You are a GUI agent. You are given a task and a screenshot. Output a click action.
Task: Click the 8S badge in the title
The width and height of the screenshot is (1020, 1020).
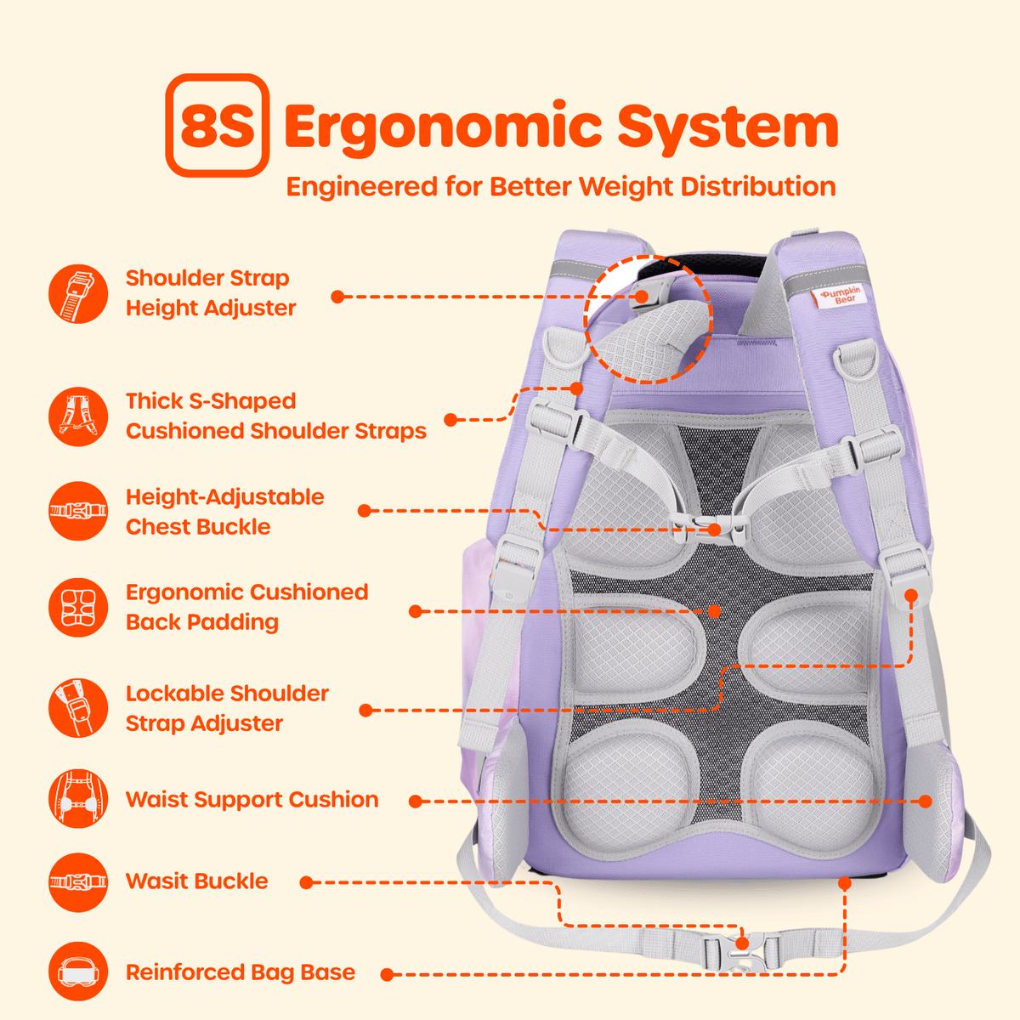pyautogui.click(x=217, y=126)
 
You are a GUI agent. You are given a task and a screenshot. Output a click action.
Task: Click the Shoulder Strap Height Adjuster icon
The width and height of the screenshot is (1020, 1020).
pyautogui.click(x=78, y=294)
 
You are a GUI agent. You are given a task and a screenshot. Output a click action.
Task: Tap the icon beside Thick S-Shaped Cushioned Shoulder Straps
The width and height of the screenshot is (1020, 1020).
pyautogui.click(x=78, y=416)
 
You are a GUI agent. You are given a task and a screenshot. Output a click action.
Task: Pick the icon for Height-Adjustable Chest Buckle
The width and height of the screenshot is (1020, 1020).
pyautogui.click(x=78, y=511)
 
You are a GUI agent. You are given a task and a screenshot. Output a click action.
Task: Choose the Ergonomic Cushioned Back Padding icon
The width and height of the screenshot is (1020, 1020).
pyautogui.click(x=78, y=607)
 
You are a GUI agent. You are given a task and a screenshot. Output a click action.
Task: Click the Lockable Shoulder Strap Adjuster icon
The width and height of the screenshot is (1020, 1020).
pyautogui.click(x=78, y=708)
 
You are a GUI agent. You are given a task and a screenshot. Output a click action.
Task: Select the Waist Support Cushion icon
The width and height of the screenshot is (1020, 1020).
pyautogui.click(x=78, y=799)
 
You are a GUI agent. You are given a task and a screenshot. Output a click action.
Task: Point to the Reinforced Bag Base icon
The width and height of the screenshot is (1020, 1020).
pyautogui.click(x=78, y=972)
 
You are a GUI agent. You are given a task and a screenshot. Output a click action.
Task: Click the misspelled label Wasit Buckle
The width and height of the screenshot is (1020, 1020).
pyautogui.click(x=197, y=881)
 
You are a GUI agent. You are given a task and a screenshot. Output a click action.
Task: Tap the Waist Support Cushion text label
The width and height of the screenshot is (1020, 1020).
pyautogui.click(x=252, y=799)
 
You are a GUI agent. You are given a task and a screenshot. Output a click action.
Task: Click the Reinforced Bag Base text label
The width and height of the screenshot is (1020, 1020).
pyautogui.click(x=241, y=972)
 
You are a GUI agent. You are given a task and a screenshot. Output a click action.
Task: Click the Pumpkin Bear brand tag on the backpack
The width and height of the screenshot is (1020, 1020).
pyautogui.click(x=840, y=296)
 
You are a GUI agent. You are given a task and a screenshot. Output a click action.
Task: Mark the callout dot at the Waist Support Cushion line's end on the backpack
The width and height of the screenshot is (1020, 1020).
pyautogui.click(x=926, y=801)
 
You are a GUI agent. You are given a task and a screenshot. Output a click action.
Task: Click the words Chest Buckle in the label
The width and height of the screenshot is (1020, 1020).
pyautogui.click(x=198, y=527)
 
